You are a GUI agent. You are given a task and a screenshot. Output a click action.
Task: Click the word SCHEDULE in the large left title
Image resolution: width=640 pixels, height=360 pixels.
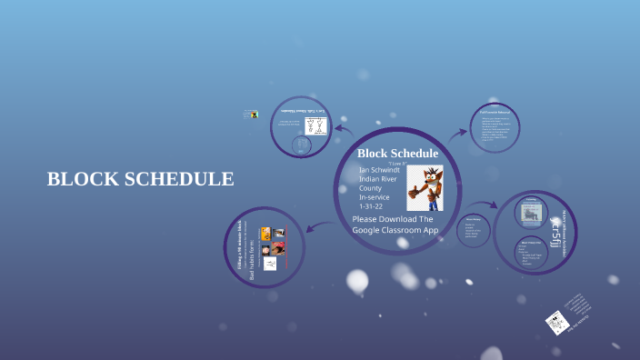178,179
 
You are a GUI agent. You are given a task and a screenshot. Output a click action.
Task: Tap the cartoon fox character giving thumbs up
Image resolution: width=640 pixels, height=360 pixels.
424,187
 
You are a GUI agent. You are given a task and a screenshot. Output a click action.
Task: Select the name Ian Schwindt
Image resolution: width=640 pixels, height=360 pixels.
379,169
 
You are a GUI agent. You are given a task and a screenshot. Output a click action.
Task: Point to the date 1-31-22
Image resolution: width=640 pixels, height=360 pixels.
373,206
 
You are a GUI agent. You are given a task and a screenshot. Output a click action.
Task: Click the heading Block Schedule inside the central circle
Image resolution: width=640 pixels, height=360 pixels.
397,154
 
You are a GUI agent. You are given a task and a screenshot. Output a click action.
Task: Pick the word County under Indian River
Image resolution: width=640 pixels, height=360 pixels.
372,187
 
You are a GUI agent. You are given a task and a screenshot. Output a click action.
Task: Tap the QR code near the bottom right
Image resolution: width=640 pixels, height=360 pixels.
555,322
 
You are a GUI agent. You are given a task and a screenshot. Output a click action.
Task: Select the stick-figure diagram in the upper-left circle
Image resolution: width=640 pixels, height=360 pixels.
315,125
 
